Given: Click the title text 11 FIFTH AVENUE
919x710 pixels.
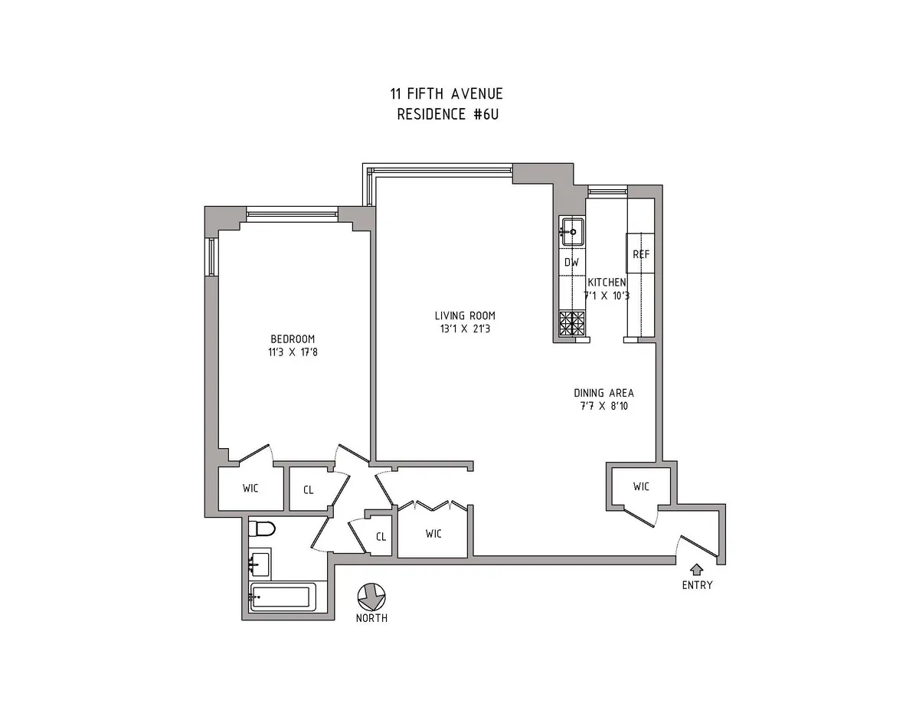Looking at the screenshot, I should [x=446, y=94].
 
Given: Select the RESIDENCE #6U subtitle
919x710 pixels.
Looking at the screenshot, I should [x=446, y=114].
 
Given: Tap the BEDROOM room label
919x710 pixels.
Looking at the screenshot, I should [x=292, y=339].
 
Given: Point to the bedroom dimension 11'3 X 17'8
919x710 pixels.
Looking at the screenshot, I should [x=292, y=353].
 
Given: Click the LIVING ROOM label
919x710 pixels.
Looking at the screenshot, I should [x=465, y=316].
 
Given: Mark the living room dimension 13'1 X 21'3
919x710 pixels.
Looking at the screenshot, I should [x=465, y=329].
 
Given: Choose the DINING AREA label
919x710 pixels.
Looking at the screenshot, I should [x=603, y=393].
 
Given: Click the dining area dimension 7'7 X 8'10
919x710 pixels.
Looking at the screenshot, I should [x=603, y=407].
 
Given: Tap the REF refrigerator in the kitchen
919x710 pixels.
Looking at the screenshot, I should [x=640, y=254].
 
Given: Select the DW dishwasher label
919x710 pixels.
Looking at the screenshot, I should [x=571, y=262].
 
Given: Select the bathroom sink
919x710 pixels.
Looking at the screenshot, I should [x=259, y=565].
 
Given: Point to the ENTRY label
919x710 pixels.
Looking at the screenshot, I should [x=697, y=585].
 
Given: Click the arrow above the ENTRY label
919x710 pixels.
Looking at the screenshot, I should [x=697, y=569].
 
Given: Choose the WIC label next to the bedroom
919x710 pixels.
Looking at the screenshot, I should [x=250, y=488].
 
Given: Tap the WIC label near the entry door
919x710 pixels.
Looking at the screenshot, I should [x=642, y=486].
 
